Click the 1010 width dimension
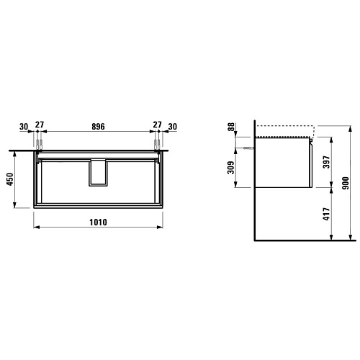tap(98, 222)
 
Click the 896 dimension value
tap(98, 127)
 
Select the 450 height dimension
tap(10, 179)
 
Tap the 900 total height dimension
tap(346, 183)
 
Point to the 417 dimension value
tap(327, 214)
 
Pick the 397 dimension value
tap(327, 162)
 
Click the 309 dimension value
tap(230, 167)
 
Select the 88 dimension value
tap(231, 127)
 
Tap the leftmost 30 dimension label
tap(24, 127)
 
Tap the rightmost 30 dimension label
tap(173, 127)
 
